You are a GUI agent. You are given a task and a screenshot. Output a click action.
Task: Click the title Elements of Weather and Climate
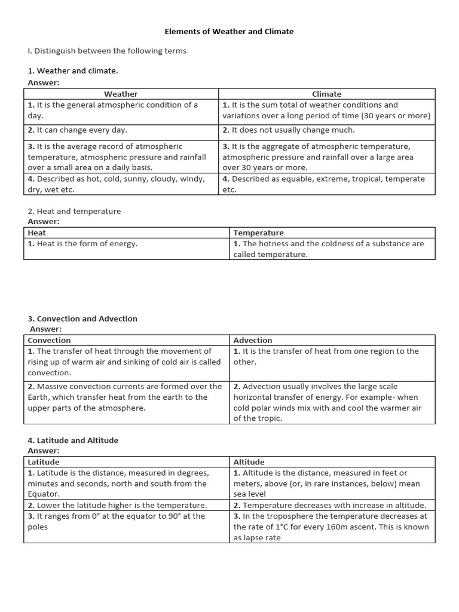tap(229, 31)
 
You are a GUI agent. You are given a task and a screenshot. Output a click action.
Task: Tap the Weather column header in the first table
tap(121, 94)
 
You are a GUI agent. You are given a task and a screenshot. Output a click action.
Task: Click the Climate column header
tap(327, 94)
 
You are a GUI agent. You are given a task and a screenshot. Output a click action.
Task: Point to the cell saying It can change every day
tap(78, 130)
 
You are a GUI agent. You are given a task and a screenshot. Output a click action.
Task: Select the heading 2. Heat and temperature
tap(75, 211)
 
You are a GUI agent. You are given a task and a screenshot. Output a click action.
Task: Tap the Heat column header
tap(37, 232)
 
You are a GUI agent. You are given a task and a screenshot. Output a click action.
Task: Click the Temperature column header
tap(259, 232)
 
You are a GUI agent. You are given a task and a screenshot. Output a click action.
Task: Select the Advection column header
tap(253, 340)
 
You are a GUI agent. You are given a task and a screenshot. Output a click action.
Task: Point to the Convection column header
tap(50, 340)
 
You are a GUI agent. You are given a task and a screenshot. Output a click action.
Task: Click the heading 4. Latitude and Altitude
tap(73, 440)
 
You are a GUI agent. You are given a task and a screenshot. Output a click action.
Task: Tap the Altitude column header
tap(249, 462)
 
